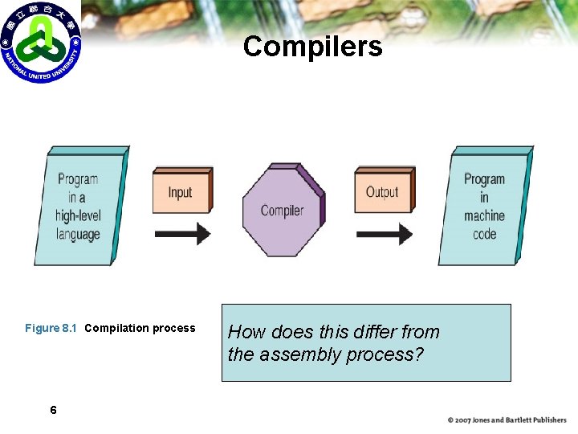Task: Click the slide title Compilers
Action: (x=312, y=47)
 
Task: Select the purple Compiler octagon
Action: (x=283, y=210)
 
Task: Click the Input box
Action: (x=181, y=192)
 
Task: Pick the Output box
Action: (x=382, y=192)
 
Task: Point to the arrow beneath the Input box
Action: (x=181, y=234)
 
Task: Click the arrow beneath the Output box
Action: (x=384, y=234)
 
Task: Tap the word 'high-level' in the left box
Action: (x=78, y=216)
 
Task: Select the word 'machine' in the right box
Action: (x=484, y=216)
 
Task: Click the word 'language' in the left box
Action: (x=78, y=235)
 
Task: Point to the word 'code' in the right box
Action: (x=485, y=235)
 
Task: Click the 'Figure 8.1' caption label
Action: (x=51, y=328)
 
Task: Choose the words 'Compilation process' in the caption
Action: (x=140, y=328)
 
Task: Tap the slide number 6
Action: (x=53, y=411)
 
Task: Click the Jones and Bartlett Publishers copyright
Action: (x=507, y=420)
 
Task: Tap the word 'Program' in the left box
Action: (x=78, y=179)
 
